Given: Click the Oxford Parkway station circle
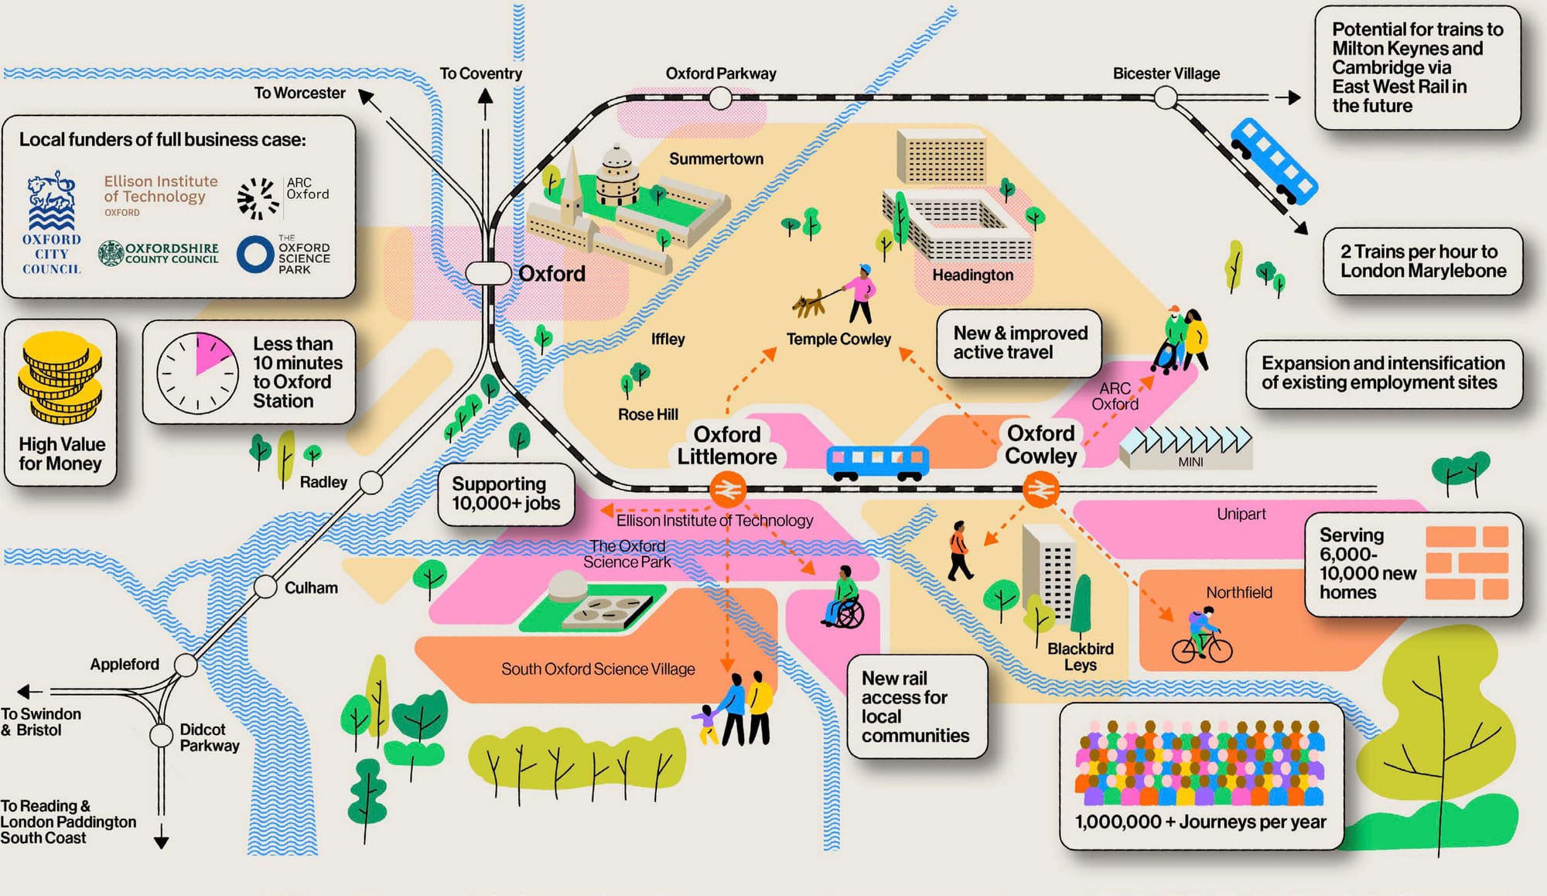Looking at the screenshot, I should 720,98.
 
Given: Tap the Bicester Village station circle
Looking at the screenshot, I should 1166,98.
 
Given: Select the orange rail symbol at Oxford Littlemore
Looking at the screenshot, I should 728,489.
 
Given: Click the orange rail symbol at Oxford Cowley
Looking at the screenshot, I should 1041,490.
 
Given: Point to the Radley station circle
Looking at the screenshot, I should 371,483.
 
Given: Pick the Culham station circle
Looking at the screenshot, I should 265,587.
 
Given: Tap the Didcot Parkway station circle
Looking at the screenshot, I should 162,735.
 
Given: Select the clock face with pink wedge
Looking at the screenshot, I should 197,373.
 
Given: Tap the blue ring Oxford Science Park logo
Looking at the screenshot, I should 254,254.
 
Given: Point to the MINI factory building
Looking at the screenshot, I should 1185,449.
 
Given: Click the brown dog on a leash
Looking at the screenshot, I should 809,304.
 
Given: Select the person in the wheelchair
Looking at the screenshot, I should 844,600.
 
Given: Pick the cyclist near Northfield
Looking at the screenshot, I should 1201,636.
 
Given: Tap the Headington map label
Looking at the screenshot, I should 972,275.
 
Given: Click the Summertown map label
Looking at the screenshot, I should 715,159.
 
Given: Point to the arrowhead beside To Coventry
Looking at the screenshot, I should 485,97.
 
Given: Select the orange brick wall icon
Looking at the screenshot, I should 1467,563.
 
